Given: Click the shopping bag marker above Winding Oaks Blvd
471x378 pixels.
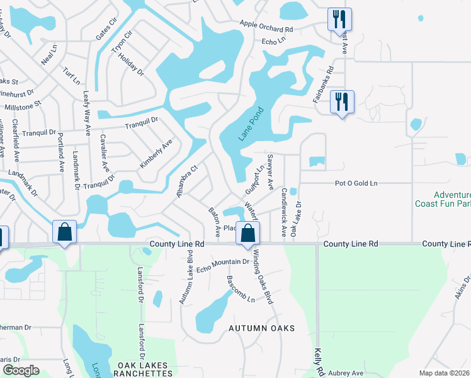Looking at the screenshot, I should pyautogui.click(x=248, y=233).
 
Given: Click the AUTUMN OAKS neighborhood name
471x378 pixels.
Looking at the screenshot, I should pyautogui.click(x=261, y=328).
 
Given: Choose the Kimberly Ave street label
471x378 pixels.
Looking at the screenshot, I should pyautogui.click(x=156, y=154).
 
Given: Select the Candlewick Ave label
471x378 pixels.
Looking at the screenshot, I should pyautogui.click(x=284, y=203).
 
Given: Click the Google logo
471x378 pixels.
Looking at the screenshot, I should pyautogui.click(x=21, y=370).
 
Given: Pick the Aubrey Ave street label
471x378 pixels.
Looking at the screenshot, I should pyautogui.click(x=344, y=373).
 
